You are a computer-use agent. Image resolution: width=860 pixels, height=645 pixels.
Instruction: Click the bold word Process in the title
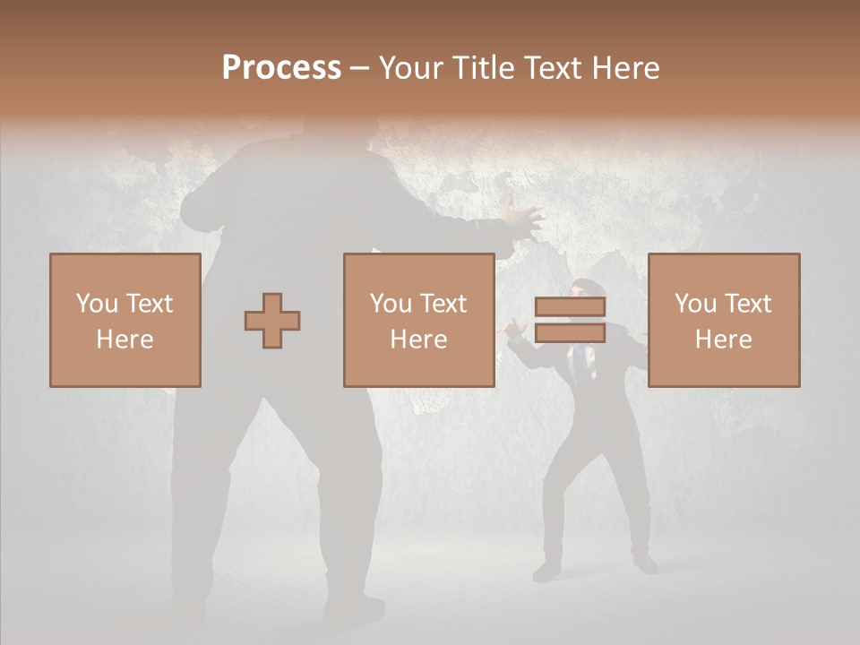[281, 68]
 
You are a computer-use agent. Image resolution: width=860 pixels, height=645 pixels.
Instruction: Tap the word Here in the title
[626, 68]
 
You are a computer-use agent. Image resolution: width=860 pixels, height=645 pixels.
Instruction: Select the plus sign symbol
[272, 321]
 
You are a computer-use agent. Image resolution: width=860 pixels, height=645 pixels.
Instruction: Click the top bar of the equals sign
[570, 306]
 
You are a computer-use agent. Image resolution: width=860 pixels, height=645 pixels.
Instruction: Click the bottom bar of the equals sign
[570, 333]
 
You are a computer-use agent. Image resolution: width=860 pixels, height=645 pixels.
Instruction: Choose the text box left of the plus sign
[125, 321]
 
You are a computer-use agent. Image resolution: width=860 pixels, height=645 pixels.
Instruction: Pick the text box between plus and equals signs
[419, 321]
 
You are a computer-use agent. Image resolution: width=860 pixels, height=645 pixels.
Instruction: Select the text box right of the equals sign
[724, 321]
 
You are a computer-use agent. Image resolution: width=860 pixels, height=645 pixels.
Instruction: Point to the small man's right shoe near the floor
[643, 564]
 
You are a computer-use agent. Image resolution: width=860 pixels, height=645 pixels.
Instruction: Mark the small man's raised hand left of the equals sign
[513, 330]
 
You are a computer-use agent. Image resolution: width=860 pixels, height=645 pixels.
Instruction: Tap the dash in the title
[359, 68]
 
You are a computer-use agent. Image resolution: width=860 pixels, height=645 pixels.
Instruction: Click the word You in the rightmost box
[695, 304]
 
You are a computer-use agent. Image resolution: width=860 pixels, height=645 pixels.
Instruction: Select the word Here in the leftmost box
[125, 340]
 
